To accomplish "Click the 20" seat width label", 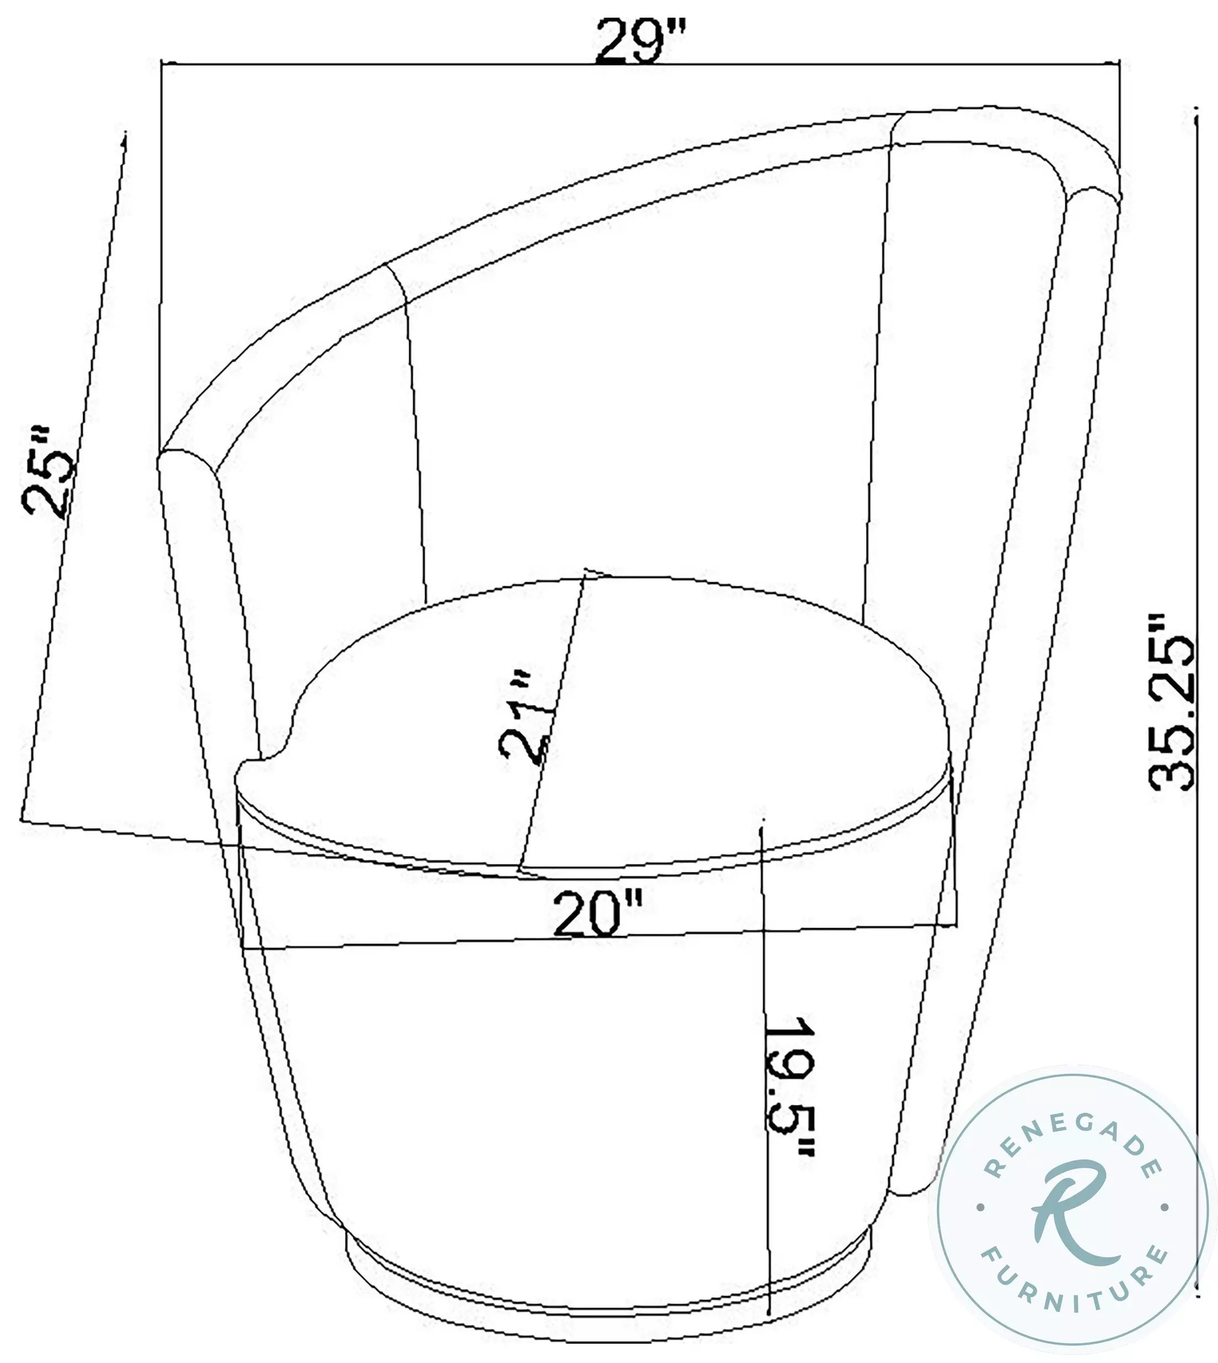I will click(597, 913).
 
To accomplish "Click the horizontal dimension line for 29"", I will click(402, 65).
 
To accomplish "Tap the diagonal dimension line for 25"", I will click(73, 469).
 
